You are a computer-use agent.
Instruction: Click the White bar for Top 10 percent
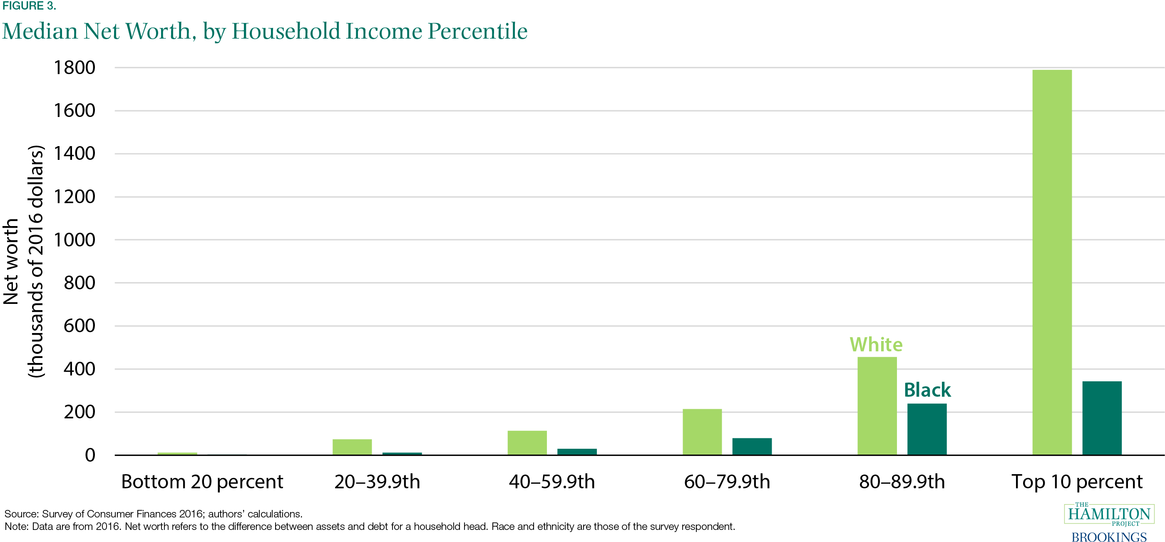pos(1052,262)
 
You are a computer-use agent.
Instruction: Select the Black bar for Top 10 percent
pos(1102,418)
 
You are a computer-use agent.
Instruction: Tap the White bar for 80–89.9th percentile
pos(877,406)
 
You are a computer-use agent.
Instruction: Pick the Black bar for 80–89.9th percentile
pos(927,429)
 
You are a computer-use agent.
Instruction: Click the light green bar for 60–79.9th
pos(702,432)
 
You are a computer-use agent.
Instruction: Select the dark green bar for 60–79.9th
pos(752,446)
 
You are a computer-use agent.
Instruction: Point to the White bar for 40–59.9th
pos(527,443)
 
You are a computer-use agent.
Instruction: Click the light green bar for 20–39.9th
pos(352,447)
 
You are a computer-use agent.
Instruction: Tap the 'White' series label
pos(876,345)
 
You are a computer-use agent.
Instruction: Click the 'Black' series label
pos(927,390)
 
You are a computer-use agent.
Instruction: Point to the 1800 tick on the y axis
pos(75,68)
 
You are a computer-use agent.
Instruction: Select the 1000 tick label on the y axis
pos(75,240)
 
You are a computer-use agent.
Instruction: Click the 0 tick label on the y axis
pos(90,455)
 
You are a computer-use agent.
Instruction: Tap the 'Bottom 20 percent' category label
pos(202,481)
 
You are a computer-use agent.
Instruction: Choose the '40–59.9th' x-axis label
pos(552,481)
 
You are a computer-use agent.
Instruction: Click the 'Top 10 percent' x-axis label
pos(1077,481)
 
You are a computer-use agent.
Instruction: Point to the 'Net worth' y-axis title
pos(11,261)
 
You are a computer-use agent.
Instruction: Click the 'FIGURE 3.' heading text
pos(29,6)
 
